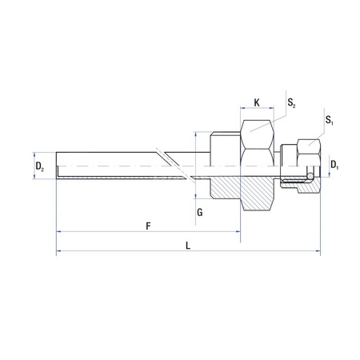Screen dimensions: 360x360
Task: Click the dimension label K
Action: coord(256,102)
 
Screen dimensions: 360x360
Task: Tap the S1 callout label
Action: coord(330,121)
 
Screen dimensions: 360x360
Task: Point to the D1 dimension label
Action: coord(335,166)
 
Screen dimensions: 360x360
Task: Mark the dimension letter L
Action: coord(187,247)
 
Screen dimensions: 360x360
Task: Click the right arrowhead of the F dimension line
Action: coord(238,232)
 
